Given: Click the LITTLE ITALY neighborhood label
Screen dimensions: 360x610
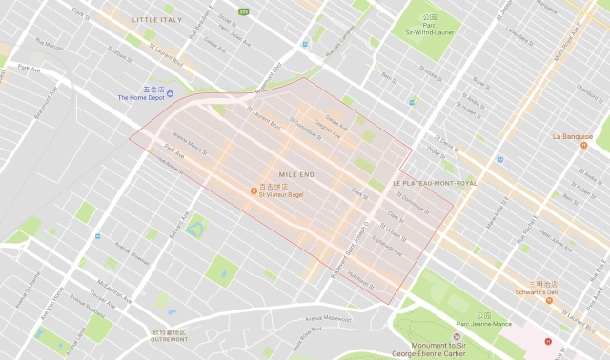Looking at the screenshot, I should click(158, 19).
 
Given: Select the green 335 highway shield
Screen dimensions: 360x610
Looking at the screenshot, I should click(243, 12).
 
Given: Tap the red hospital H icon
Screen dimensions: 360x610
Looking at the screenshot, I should click(547, 341).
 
